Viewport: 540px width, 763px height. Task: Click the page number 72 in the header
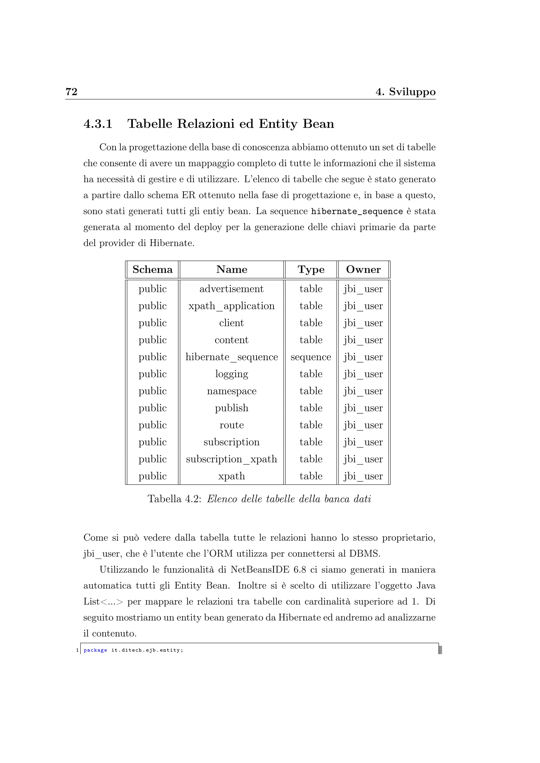(x=71, y=91)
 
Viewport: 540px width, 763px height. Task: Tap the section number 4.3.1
(x=98, y=124)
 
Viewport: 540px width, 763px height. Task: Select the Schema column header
(x=152, y=269)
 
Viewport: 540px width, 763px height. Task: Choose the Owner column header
(x=363, y=269)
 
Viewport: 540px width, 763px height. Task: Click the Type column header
(x=311, y=269)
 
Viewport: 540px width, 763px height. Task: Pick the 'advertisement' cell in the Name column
(x=232, y=289)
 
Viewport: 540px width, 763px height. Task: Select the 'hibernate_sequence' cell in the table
(x=232, y=357)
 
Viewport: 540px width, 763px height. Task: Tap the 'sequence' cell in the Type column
(x=311, y=357)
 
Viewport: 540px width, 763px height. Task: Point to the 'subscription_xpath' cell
(x=232, y=459)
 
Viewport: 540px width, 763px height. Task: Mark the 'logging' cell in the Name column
(x=232, y=374)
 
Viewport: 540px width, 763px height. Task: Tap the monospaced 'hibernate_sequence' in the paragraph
(x=356, y=211)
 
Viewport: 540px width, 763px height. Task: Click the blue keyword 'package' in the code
(x=95, y=650)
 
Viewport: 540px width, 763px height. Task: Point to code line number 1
(x=77, y=650)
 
